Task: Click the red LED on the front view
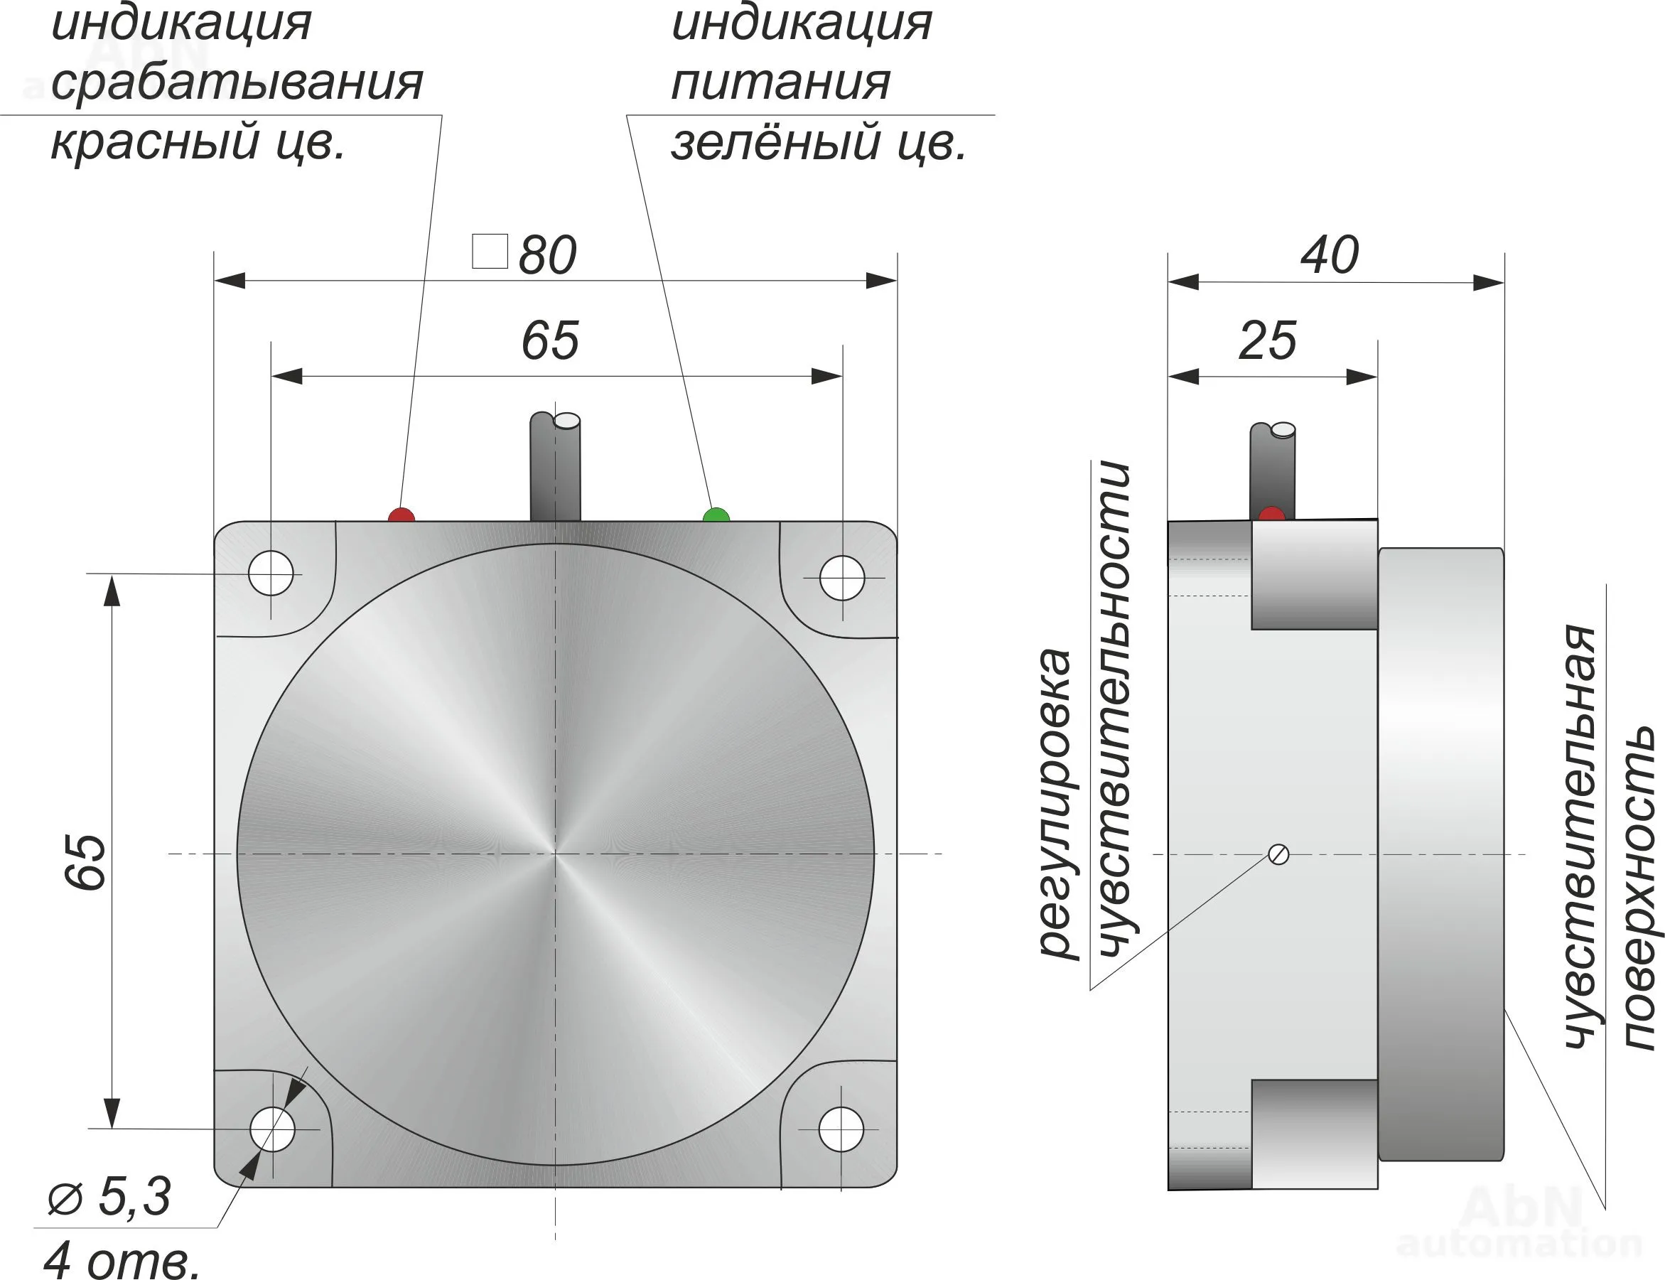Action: (402, 515)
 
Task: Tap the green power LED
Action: (716, 516)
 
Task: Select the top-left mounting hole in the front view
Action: (271, 573)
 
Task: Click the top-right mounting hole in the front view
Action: (841, 578)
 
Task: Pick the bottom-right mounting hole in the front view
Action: (841, 1129)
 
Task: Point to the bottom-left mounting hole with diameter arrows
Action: (272, 1129)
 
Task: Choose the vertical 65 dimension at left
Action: (85, 861)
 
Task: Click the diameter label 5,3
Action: (134, 1196)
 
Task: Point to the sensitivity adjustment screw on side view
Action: (1279, 854)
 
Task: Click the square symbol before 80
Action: (490, 252)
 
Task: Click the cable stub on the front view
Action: (555, 466)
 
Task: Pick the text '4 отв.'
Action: (122, 1261)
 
